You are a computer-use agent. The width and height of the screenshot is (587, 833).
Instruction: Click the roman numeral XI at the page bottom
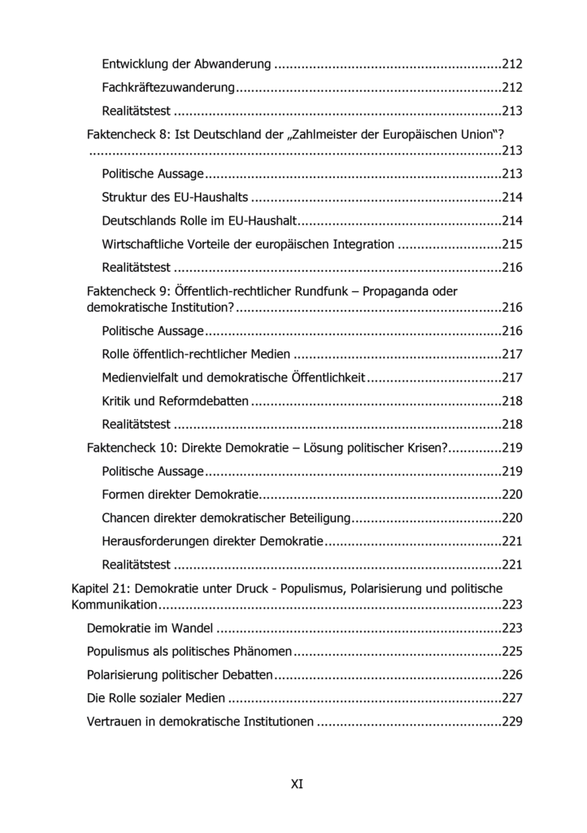point(297,784)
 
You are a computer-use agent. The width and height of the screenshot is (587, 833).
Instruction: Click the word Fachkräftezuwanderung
point(168,87)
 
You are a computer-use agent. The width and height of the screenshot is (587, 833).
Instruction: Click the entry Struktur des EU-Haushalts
point(175,197)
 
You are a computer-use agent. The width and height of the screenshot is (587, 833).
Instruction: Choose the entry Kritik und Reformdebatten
point(175,401)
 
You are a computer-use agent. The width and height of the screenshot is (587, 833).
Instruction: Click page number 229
point(512,721)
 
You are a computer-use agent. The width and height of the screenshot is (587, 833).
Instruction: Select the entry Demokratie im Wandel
point(150,627)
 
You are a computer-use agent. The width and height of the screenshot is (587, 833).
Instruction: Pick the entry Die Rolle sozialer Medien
point(155,697)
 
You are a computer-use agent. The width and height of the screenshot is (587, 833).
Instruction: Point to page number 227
point(512,697)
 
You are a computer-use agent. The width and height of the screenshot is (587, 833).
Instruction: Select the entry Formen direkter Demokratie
point(180,494)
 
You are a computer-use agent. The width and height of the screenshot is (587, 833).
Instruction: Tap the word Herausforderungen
point(155,540)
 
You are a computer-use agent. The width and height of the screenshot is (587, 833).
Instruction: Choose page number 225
point(512,651)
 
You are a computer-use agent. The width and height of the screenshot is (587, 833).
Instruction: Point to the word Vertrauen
point(113,721)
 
